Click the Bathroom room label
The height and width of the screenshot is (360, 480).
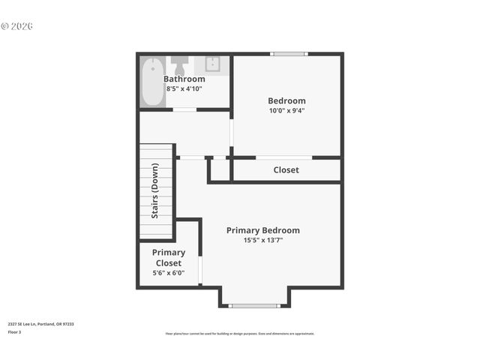point(184,79)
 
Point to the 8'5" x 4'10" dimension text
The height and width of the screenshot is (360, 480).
point(184,88)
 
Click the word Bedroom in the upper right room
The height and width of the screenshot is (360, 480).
point(286,100)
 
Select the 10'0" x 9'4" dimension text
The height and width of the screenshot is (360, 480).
point(286,110)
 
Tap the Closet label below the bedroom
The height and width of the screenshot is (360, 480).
point(286,170)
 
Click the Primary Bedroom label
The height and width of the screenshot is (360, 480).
point(262,230)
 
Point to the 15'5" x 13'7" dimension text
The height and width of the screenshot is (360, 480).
point(262,240)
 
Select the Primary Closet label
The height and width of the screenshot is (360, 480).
point(169,258)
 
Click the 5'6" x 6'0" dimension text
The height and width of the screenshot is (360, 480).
point(169,273)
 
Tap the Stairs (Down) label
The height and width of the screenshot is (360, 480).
point(155,191)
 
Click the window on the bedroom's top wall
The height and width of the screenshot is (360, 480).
point(289,54)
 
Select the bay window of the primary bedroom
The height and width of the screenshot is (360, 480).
point(254,305)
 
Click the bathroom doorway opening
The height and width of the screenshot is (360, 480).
point(184,109)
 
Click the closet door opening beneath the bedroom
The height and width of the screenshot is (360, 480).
point(283,157)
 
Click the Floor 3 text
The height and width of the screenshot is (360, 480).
point(14,331)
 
